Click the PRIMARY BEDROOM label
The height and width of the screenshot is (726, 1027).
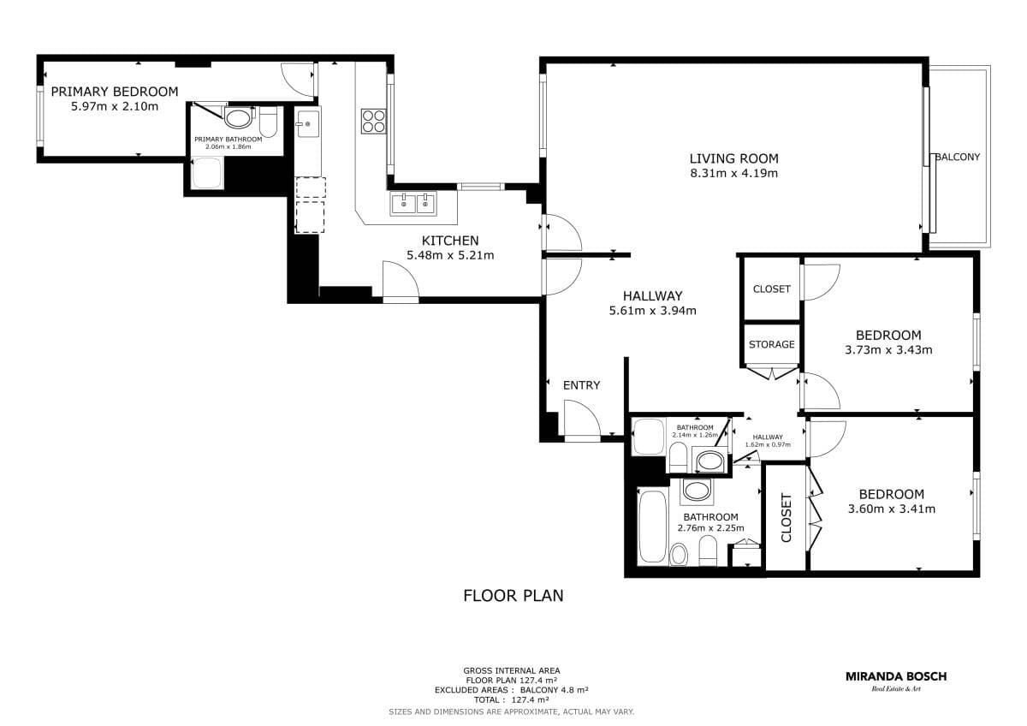[x=115, y=92]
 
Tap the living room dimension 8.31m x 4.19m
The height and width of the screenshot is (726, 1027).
[x=734, y=173]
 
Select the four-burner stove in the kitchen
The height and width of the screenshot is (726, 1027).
[x=374, y=121]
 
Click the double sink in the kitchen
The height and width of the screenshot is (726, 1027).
[x=413, y=204]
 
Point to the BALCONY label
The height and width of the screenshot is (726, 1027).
[x=958, y=157]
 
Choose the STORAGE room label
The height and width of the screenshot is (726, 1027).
[x=772, y=344]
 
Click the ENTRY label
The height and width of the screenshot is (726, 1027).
[x=581, y=385]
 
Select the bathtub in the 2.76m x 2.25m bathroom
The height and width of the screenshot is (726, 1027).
[x=653, y=527]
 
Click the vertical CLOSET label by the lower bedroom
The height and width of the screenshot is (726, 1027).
[x=786, y=518]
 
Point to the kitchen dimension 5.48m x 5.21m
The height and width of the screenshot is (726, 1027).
[x=450, y=255]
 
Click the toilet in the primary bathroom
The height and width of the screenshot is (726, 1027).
[x=268, y=122]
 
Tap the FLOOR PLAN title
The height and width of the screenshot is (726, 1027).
[x=513, y=596]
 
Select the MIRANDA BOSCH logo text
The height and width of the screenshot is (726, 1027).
[x=896, y=676]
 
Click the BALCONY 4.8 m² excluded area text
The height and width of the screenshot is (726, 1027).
[x=554, y=690]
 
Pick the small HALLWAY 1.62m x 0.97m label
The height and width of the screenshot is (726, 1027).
[x=768, y=441]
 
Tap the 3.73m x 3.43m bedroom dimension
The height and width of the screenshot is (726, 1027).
[x=888, y=350]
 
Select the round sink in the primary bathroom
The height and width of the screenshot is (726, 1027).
[x=238, y=119]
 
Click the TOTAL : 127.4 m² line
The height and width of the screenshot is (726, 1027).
[x=511, y=699]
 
